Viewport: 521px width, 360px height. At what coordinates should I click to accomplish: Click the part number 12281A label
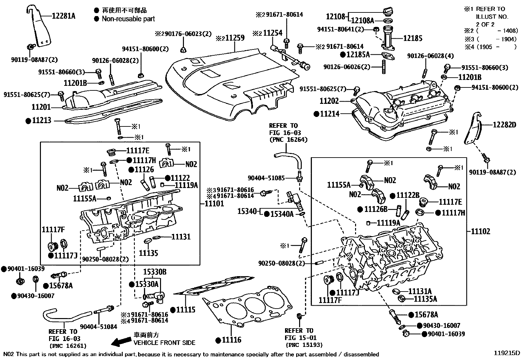(x=63, y=15)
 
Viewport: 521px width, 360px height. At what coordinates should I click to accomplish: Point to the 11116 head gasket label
(x=231, y=340)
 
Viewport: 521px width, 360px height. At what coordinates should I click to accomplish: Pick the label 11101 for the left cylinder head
(x=214, y=203)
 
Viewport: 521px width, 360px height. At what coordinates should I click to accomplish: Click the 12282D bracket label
(x=504, y=125)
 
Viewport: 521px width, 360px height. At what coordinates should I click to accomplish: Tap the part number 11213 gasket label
(x=42, y=121)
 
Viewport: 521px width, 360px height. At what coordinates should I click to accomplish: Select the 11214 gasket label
(x=330, y=114)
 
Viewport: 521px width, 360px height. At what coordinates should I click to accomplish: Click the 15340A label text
(x=282, y=214)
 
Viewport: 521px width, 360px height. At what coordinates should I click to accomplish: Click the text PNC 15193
(x=304, y=345)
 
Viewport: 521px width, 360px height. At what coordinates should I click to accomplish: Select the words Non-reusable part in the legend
(x=128, y=19)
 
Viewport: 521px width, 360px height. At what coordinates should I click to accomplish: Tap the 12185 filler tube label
(x=412, y=38)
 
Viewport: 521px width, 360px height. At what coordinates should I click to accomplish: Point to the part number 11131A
(x=420, y=291)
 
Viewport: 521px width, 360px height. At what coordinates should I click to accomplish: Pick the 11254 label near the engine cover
(x=273, y=33)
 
